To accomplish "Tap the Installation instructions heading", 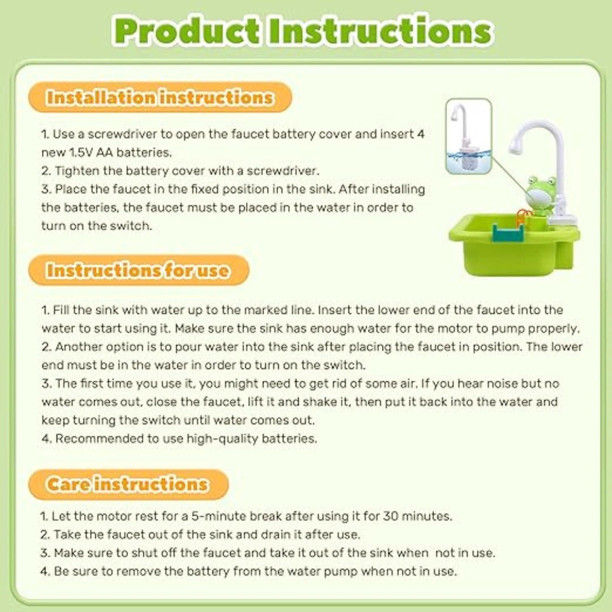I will coord(160,97).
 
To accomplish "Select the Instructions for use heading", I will coord(138,270).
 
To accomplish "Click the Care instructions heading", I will coord(127,484).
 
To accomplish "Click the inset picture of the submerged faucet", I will coord(468,136).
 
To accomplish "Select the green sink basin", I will coord(510,249).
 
